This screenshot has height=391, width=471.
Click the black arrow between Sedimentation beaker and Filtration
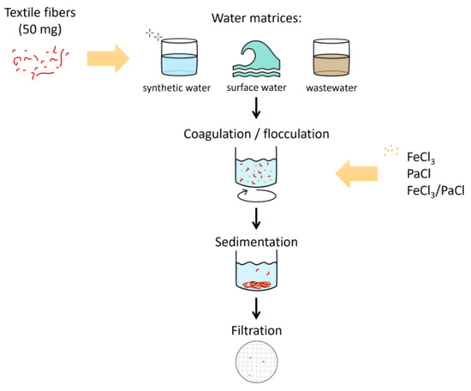255,307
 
